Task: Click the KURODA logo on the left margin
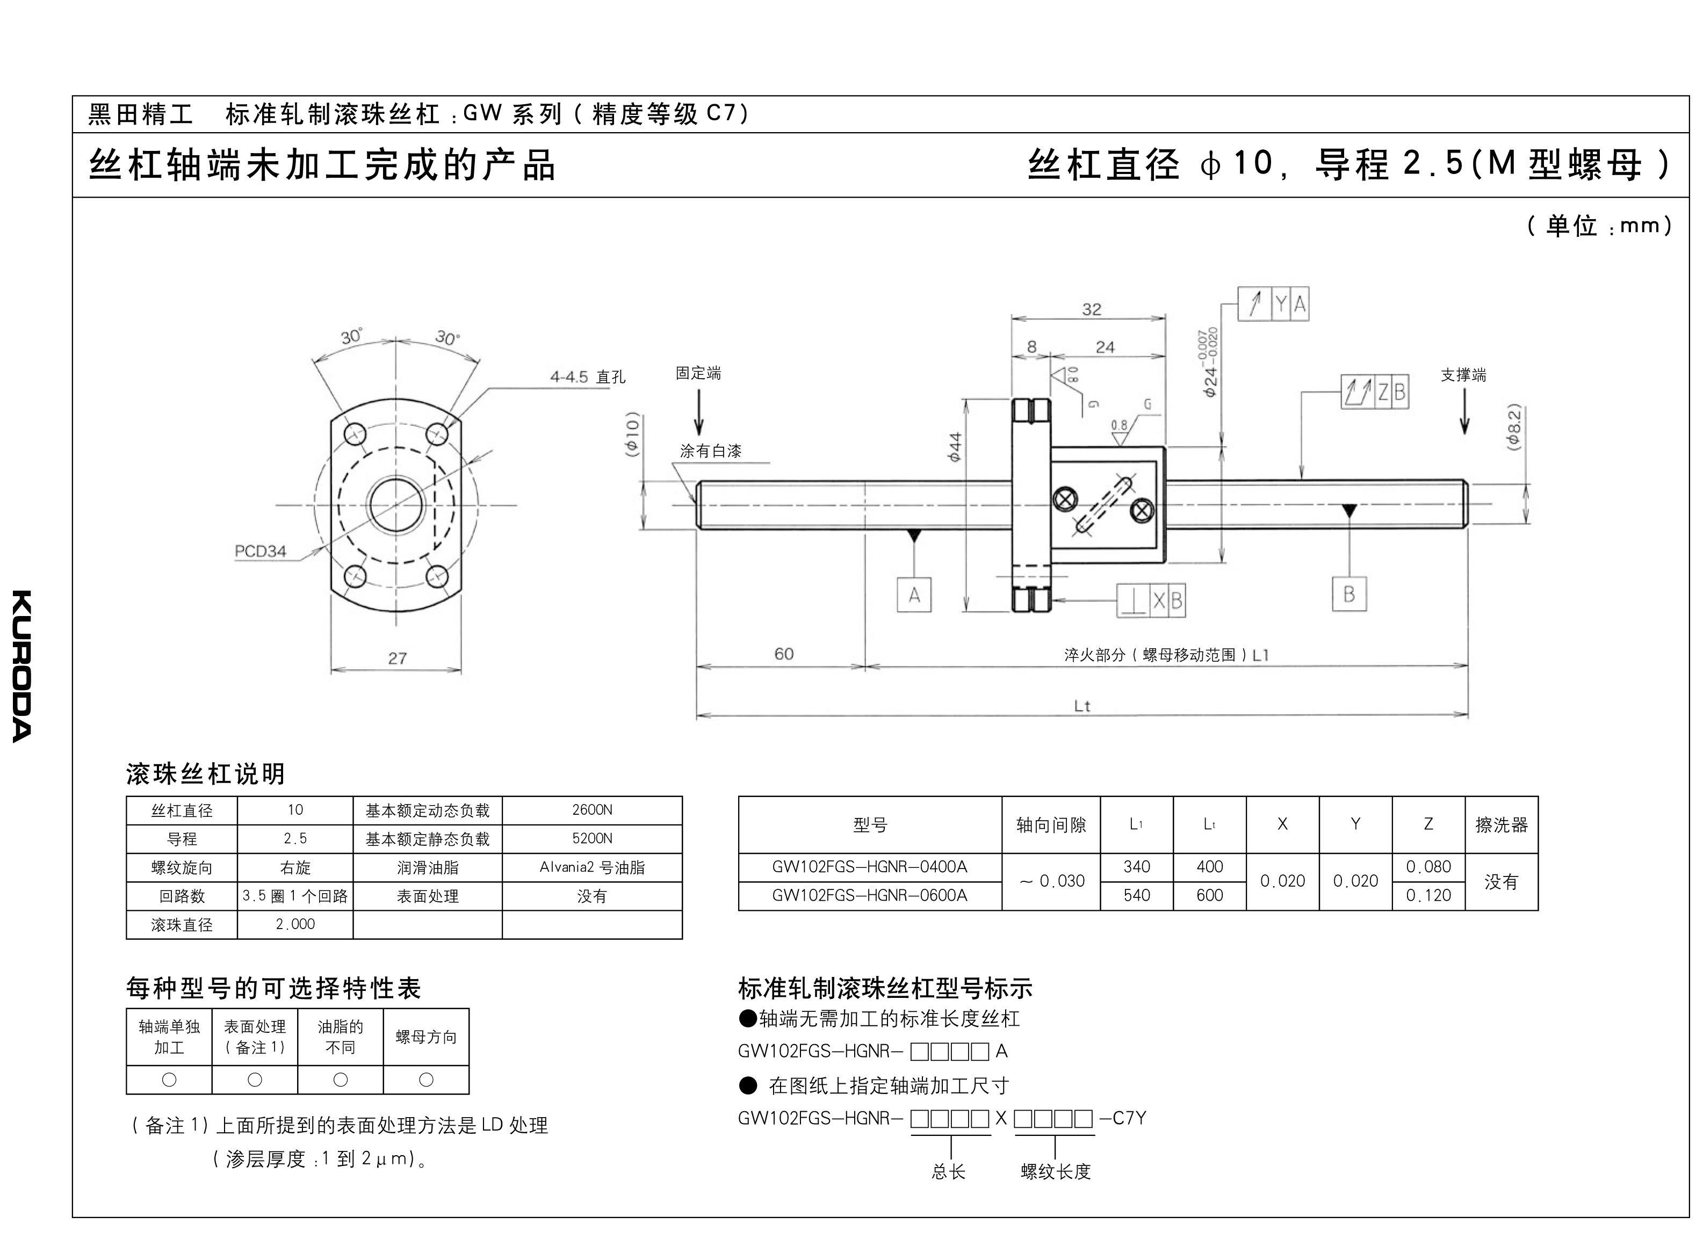22,666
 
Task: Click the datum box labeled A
914,595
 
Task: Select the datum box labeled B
1348,594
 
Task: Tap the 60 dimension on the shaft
783,654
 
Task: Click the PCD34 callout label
260,552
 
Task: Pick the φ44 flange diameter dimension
955,447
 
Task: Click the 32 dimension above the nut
1092,309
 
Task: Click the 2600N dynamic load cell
591,810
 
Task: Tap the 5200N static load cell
591,839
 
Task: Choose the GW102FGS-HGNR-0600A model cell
870,896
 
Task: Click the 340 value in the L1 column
1136,867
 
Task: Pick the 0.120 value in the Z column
1428,896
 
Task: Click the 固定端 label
698,373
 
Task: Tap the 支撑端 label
1463,375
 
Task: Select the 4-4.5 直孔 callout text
588,377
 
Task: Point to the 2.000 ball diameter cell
295,925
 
